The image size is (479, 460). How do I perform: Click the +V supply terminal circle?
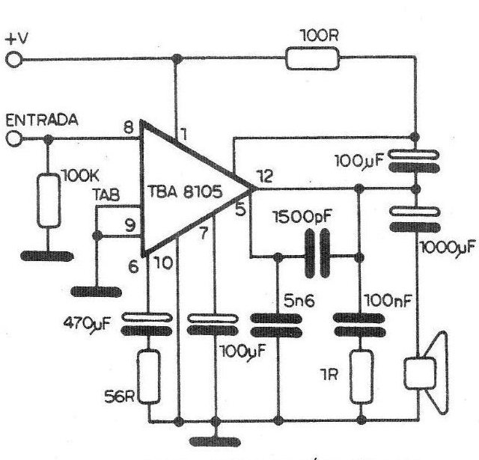[13, 58]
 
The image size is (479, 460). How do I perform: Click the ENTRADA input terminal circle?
[13, 138]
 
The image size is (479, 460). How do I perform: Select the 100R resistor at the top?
[312, 58]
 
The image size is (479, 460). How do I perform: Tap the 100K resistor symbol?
[49, 200]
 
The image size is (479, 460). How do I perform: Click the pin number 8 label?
[129, 127]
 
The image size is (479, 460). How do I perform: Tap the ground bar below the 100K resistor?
[49, 257]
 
